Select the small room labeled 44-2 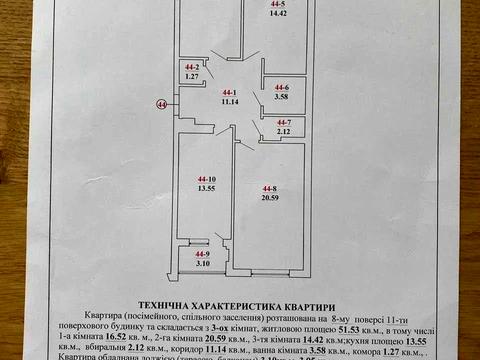click(x=193, y=68)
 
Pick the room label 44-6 click(x=280, y=87)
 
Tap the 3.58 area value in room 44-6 click(x=280, y=96)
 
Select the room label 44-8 click(x=269, y=188)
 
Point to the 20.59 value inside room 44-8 click(x=269, y=198)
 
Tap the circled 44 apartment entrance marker click(x=160, y=103)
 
